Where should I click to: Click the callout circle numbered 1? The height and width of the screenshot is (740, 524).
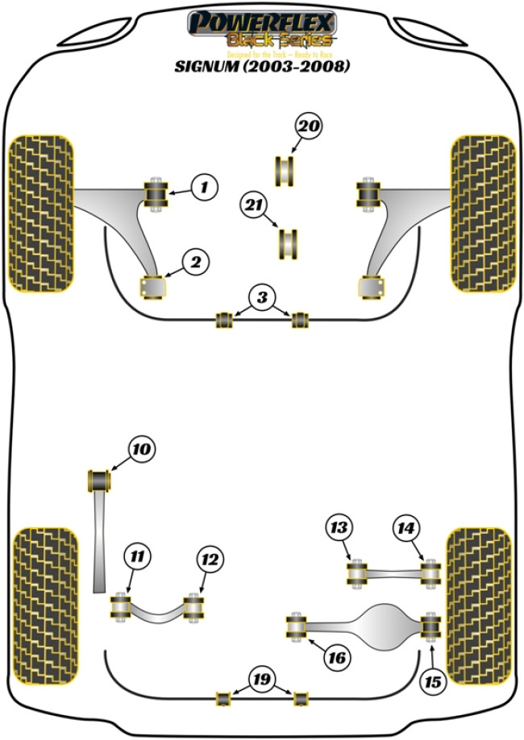tap(204, 188)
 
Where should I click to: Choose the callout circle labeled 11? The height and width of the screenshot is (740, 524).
tap(138, 556)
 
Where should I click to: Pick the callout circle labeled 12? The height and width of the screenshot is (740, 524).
tap(210, 559)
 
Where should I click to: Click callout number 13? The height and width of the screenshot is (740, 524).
tap(339, 529)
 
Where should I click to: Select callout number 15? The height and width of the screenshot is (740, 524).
tap(433, 683)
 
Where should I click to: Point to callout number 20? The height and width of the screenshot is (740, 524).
tap(309, 126)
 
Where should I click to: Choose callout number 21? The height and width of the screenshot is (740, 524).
tap(255, 206)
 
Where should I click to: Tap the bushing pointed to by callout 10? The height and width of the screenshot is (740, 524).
tap(98, 479)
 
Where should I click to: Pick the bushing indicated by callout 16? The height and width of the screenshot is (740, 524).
tap(297, 626)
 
